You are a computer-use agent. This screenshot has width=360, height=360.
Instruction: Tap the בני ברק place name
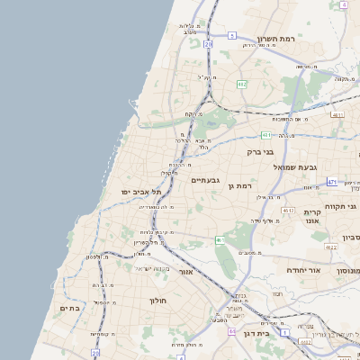tap(259, 152)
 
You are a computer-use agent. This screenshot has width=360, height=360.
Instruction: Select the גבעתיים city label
tap(205, 180)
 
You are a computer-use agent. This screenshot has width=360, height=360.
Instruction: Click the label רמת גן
tap(237, 186)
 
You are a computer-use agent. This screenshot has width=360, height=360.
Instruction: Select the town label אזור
tap(186, 271)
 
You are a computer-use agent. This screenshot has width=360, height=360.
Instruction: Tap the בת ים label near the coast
tap(70, 309)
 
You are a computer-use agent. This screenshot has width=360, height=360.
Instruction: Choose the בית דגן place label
tap(256, 334)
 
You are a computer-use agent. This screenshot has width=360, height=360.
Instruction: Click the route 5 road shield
tap(231, 36)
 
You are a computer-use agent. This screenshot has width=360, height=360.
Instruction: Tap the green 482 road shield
tap(241, 84)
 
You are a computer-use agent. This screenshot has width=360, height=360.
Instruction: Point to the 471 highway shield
tap(332, 182)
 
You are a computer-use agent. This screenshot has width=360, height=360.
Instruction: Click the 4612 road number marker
tap(289, 210)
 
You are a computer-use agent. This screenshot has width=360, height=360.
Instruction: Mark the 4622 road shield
tap(331, 247)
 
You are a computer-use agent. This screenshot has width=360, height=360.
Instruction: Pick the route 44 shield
tap(231, 332)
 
